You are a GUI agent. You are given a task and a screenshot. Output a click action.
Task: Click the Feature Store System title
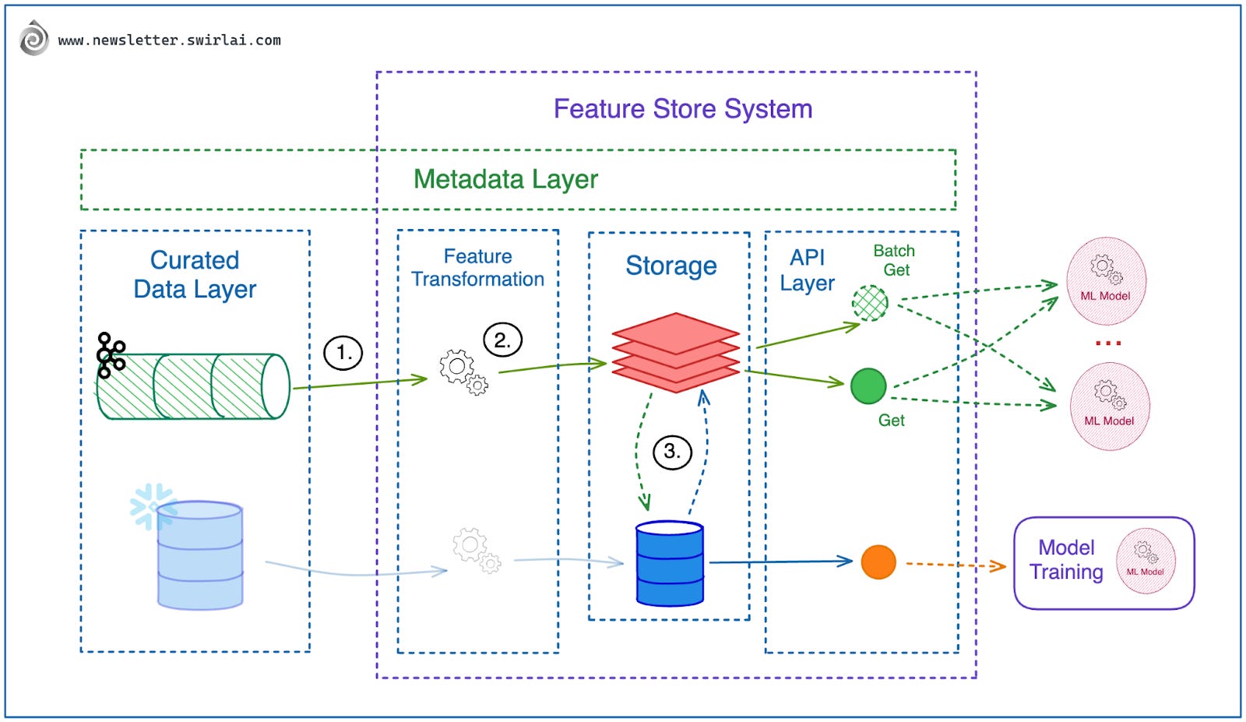click(x=682, y=109)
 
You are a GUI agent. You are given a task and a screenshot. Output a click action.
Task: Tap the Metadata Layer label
click(x=505, y=179)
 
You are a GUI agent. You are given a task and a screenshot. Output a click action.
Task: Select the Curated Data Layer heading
click(x=195, y=274)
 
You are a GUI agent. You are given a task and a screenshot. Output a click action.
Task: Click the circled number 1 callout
click(x=343, y=353)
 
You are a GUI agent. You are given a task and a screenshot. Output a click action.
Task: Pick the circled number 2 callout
click(x=502, y=340)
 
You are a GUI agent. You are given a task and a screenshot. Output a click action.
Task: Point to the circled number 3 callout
click(x=672, y=452)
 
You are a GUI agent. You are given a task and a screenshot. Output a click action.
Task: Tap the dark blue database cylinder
click(x=670, y=563)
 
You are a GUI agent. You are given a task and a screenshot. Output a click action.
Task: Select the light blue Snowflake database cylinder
click(x=200, y=555)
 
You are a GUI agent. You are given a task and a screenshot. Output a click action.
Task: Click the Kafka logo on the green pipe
click(x=111, y=355)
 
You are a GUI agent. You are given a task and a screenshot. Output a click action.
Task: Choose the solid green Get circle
click(x=868, y=386)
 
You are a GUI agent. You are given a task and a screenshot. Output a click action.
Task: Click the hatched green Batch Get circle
click(x=870, y=303)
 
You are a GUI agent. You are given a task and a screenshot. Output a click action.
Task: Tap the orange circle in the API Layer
click(x=878, y=562)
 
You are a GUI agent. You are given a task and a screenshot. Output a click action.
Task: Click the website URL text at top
click(x=169, y=41)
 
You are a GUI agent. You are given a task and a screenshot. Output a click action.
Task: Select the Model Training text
click(x=1066, y=560)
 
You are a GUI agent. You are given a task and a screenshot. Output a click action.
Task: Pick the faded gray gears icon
click(x=476, y=550)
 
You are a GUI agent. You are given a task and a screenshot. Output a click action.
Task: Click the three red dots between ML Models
click(x=1107, y=343)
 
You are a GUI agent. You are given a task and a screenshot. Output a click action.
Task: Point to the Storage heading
click(x=671, y=266)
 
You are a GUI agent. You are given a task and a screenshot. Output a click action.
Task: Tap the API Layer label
click(x=807, y=270)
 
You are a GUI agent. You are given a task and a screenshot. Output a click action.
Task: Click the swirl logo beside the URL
click(x=33, y=39)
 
